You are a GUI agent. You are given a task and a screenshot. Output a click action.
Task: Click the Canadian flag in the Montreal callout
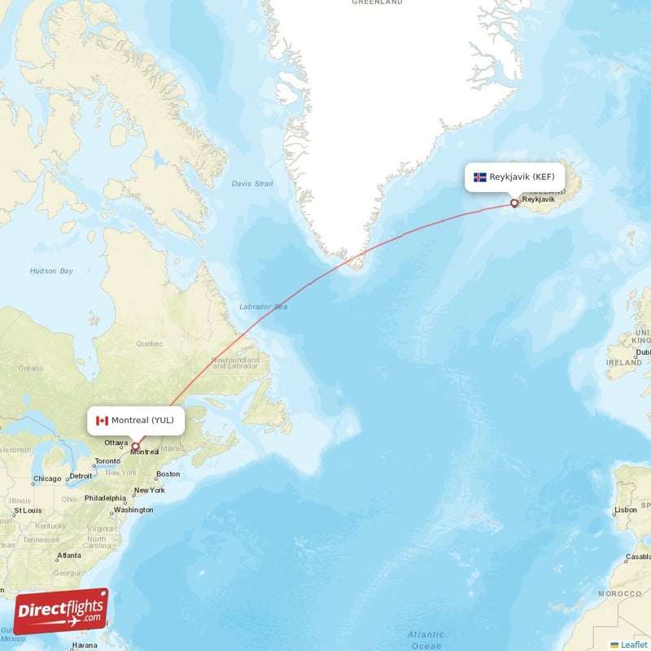coord(102,421)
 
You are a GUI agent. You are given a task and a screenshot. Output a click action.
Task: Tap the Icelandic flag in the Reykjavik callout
coord(480,177)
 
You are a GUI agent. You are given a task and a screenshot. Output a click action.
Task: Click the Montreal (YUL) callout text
coord(142,421)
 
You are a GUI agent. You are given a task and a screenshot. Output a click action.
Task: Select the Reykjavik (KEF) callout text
coord(522,177)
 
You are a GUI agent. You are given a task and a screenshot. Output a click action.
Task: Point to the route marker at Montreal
coord(135,446)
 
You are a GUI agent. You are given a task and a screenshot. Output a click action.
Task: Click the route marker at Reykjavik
coord(513,203)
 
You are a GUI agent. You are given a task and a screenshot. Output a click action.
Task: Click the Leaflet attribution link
coord(634,644)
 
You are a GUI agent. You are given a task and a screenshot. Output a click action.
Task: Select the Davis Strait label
coord(252,184)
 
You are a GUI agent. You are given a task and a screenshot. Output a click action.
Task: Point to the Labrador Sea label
coord(263,307)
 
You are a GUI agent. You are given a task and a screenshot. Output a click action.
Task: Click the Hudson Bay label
coord(51,270)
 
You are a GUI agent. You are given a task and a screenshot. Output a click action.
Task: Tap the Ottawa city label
coord(116,443)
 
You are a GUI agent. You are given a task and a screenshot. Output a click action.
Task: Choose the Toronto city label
coord(107,461)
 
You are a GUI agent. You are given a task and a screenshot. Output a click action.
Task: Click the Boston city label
coord(168,474)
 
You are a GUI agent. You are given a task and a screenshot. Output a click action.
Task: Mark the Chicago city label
coord(47,478)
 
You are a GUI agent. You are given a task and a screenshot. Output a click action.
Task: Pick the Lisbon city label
coord(626,510)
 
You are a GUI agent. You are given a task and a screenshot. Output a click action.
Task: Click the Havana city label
coord(84,645)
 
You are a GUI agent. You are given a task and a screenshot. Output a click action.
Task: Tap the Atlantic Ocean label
coord(426,640)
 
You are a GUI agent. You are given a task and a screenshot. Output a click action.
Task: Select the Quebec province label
coord(149,343)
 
